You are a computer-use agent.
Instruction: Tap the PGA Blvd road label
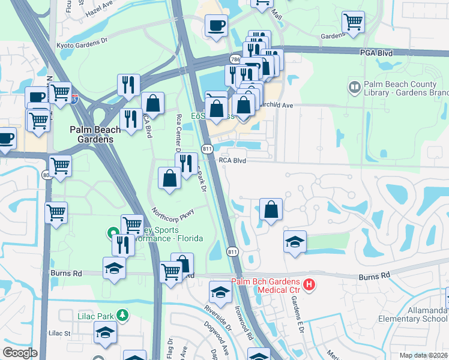tap(377, 53)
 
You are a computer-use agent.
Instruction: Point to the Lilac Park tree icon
tap(122, 314)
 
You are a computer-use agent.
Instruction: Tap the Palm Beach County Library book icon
tap(354, 88)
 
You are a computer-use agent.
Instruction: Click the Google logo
tap(19, 353)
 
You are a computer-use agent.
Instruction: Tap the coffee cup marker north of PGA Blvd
tap(216, 26)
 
